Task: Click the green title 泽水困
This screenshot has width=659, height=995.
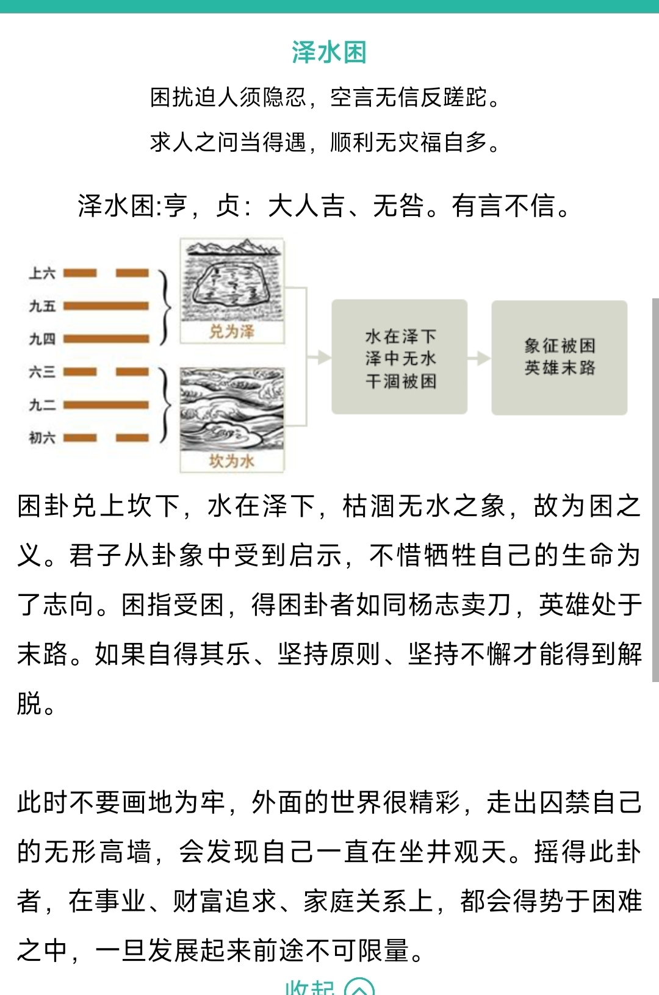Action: pos(329,52)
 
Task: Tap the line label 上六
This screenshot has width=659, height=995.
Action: pos(42,273)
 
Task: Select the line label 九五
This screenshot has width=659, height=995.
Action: pos(42,306)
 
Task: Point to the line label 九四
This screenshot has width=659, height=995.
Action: pos(42,339)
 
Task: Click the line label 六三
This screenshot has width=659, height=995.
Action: pos(42,372)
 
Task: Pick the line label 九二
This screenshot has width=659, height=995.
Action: pos(42,405)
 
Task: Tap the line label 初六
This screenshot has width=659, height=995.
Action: pos(42,438)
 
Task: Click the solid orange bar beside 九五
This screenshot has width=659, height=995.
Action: pos(106,306)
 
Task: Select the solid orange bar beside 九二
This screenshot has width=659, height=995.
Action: pos(106,405)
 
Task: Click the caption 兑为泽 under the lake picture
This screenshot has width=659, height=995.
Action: pos(231,331)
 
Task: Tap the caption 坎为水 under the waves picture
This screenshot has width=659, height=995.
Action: pos(231,462)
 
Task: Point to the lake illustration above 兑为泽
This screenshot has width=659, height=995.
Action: pos(232,280)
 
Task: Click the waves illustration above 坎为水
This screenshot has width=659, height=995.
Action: pos(232,409)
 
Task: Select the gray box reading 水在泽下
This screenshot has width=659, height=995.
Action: pos(400,357)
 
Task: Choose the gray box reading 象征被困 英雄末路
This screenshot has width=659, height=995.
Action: pos(560,357)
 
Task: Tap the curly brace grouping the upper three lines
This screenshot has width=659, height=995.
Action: pos(165,306)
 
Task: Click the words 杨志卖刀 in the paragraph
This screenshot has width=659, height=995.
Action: pos(459,605)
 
